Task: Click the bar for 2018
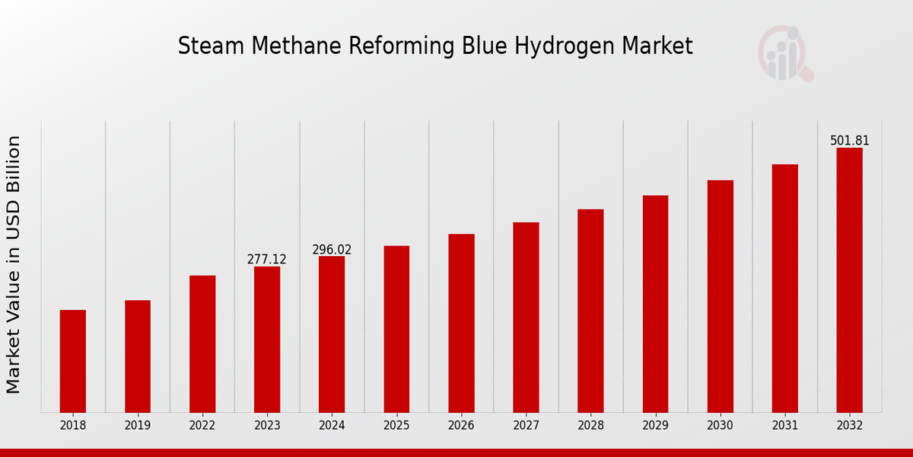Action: point(73,361)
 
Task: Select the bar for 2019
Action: point(138,356)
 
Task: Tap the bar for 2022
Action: point(202,344)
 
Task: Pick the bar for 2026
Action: point(461,323)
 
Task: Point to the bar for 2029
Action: point(655,304)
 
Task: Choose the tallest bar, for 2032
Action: point(849,280)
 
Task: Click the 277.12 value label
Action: point(267,260)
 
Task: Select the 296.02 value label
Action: point(332,250)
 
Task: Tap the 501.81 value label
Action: point(849,141)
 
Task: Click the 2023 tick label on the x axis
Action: point(267,426)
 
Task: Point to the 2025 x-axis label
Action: point(396,426)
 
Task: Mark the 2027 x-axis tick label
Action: point(526,426)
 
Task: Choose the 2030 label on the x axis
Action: point(720,426)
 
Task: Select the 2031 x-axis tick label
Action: point(784,426)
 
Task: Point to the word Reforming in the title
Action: point(404,46)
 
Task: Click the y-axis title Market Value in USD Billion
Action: point(14,264)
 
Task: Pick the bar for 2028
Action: point(590,311)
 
